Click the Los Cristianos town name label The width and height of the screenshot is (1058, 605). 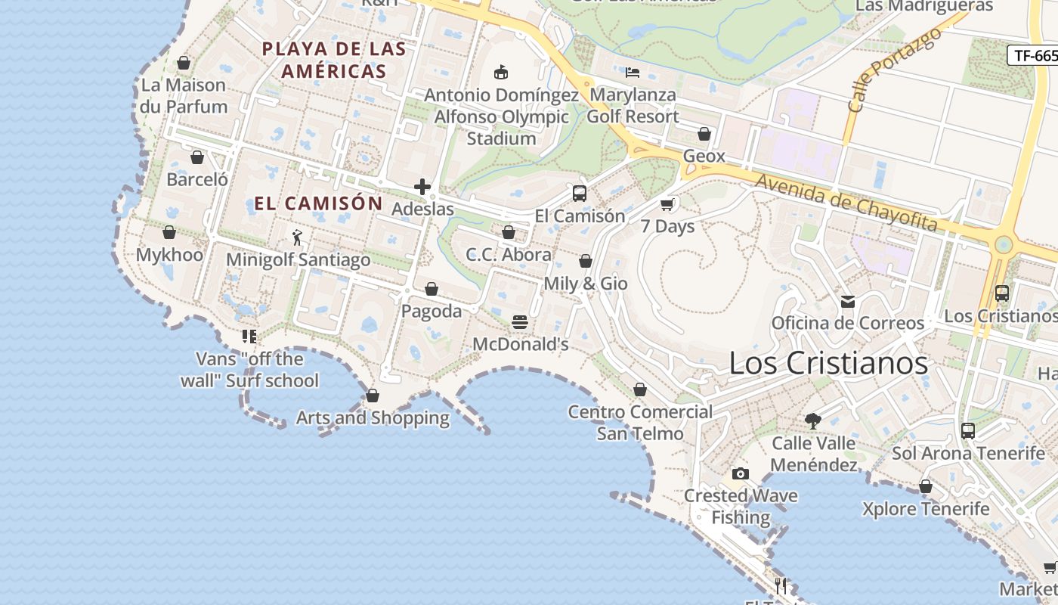[x=828, y=363]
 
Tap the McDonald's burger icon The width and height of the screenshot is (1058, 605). [x=520, y=322]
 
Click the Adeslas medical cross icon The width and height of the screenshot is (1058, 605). [x=422, y=187]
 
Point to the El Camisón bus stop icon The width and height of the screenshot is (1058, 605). [x=580, y=193]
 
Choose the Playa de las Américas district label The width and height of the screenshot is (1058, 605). [x=333, y=60]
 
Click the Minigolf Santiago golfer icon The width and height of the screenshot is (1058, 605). [x=297, y=238]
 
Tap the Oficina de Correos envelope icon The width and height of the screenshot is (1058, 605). [x=848, y=302]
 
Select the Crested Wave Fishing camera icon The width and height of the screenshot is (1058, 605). [x=741, y=474]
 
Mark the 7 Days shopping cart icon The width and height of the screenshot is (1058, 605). [x=667, y=204]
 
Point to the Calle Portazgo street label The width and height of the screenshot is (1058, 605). [x=895, y=70]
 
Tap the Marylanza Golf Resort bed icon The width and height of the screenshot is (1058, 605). [x=633, y=73]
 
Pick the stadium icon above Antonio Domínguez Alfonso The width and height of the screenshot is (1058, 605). [x=500, y=73]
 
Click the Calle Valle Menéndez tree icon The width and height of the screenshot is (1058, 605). [x=813, y=421]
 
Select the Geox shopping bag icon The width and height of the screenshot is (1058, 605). [x=704, y=134]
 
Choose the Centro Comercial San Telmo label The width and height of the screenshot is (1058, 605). [x=640, y=423]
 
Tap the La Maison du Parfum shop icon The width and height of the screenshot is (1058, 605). [x=184, y=63]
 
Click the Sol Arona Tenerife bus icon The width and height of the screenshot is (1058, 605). [x=968, y=431]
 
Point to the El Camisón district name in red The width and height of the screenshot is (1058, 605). [x=319, y=203]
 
